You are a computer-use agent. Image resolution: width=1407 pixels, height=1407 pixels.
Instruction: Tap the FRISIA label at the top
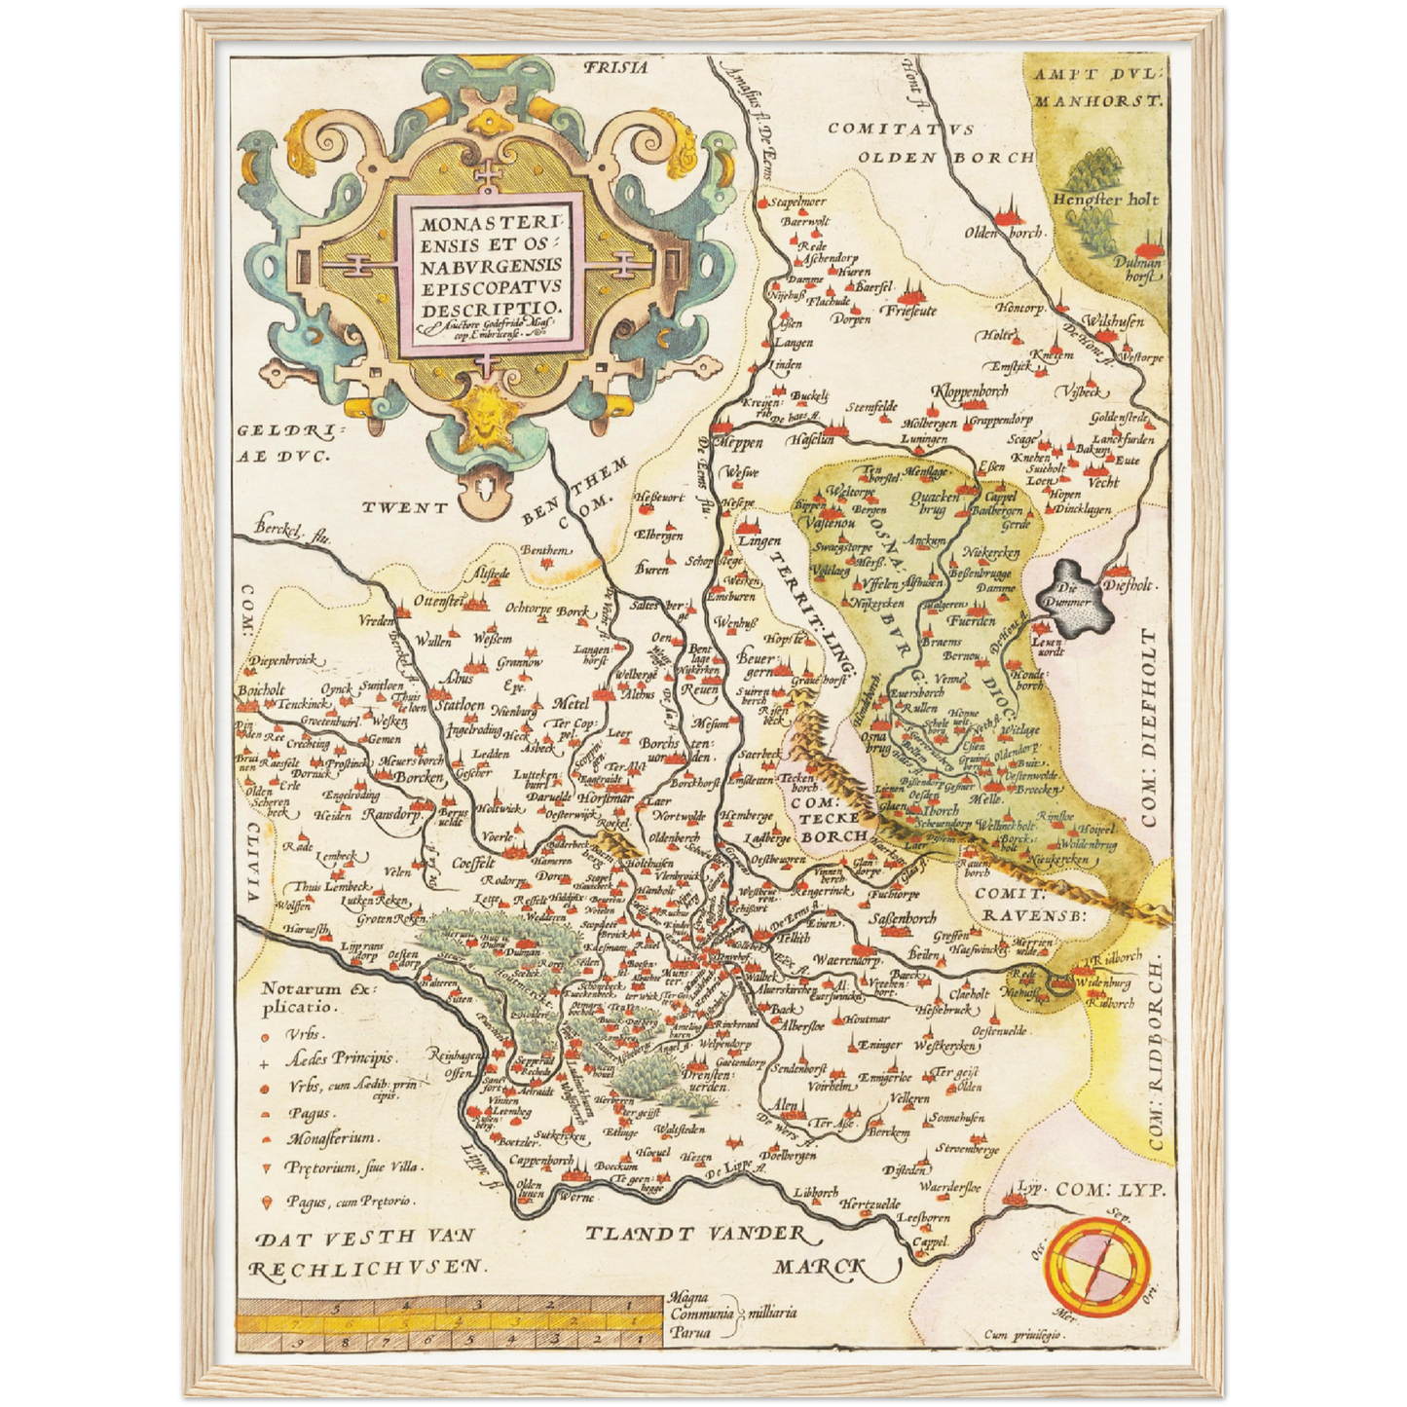[614, 68]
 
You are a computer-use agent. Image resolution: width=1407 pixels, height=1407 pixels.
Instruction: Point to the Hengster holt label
[1104, 199]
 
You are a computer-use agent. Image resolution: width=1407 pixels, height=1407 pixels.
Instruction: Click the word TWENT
[405, 507]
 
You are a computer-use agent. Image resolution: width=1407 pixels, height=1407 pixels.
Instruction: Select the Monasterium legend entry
[332, 1138]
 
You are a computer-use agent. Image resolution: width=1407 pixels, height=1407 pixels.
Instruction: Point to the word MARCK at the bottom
[820, 1265]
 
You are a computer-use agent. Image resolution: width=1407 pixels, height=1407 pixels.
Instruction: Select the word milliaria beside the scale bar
[770, 1312]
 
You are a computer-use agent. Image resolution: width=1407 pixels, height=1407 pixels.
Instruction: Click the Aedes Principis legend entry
[339, 1058]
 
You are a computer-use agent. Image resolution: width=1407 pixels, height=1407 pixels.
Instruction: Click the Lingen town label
[759, 540]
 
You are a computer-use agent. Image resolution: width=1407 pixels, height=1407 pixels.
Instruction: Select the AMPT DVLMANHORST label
[1098, 87]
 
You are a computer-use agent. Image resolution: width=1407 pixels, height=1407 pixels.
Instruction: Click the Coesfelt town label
[474, 863]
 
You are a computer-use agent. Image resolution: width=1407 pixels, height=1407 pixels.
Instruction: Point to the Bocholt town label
[261, 690]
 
